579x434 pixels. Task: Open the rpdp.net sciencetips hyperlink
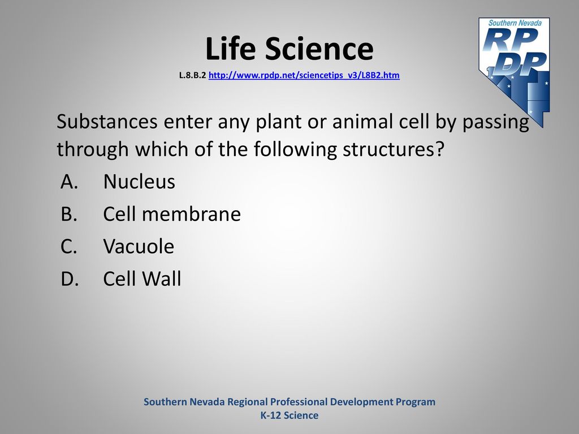point(304,75)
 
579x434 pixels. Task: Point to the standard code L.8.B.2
point(192,75)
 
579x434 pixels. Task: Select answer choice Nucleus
point(139,181)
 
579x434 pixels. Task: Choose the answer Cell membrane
point(172,214)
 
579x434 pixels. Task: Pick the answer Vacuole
point(139,246)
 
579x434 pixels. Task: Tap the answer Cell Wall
point(142,279)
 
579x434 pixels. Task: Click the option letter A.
point(69,181)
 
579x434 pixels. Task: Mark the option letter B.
point(69,214)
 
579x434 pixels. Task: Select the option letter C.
point(69,246)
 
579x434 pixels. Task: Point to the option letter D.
point(70,279)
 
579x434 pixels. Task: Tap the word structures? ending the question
point(393,149)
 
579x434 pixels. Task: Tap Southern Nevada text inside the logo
point(515,23)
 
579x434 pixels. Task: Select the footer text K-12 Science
point(289,415)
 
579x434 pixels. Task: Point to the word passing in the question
point(496,122)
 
